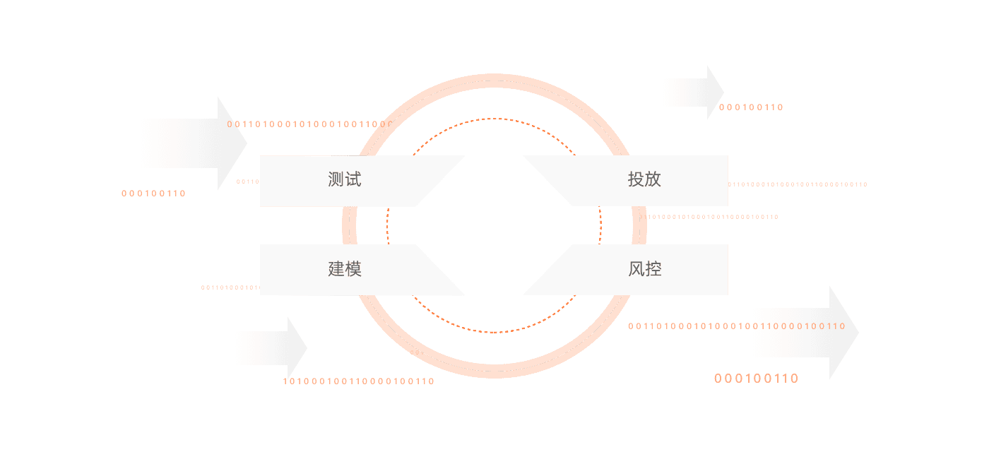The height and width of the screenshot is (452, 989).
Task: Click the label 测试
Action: coord(345,179)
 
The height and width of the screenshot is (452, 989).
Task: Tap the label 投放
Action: coord(644,179)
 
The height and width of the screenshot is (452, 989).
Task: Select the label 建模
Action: coord(345,269)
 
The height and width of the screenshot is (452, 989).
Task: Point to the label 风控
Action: coord(644,269)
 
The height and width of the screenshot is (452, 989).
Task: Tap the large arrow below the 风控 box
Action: coord(805,332)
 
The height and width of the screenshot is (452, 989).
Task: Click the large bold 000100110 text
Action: coord(756,379)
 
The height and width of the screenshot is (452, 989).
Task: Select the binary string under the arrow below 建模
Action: coord(359,381)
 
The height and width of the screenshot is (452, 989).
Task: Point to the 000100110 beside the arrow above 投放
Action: coord(751,107)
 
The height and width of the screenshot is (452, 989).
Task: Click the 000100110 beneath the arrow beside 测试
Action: coord(153,193)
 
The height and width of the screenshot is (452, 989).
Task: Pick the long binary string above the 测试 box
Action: coord(304,124)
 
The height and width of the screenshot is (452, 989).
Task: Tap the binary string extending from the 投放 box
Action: coord(798,184)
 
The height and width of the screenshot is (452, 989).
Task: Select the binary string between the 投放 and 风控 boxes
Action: coord(712,217)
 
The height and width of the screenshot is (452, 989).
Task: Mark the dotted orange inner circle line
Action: coord(494,119)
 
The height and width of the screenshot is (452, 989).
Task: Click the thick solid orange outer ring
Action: coord(494,78)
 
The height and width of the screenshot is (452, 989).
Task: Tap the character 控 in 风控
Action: coord(653,269)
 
